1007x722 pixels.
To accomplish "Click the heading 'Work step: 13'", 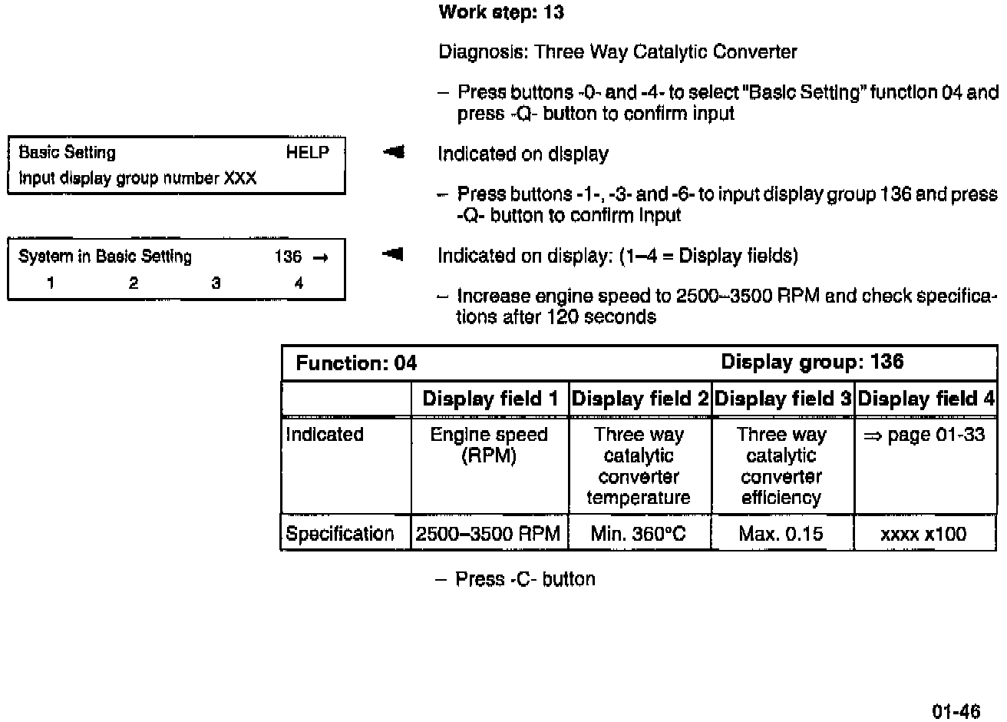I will point(500,12).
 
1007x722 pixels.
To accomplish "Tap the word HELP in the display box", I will point(307,152).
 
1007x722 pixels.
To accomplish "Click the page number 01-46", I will point(956,710).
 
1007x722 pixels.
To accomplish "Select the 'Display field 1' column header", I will point(490,399).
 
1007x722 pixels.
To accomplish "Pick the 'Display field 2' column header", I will point(640,399).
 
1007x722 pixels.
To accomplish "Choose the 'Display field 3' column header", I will point(783,399).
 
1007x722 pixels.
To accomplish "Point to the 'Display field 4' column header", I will point(926,399).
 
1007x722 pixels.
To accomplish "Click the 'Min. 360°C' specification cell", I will point(639,534).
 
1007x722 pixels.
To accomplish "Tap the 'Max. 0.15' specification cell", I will point(781,534).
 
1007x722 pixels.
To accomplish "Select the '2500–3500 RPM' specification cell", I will point(488,534).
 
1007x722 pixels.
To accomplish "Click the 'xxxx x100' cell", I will point(923,534).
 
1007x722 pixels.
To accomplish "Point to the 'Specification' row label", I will point(339,534).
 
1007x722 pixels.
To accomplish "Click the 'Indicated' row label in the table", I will point(324,435).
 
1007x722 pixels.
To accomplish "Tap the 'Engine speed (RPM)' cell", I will point(489,445).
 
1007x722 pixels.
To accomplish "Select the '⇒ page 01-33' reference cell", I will point(924,435).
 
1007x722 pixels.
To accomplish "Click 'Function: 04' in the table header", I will point(356,363).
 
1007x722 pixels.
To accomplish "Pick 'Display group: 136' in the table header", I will point(812,362).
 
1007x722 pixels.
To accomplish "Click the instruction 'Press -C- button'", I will point(525,579).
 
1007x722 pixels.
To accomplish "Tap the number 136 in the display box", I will point(288,257).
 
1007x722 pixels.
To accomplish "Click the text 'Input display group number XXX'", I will point(137,178).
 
